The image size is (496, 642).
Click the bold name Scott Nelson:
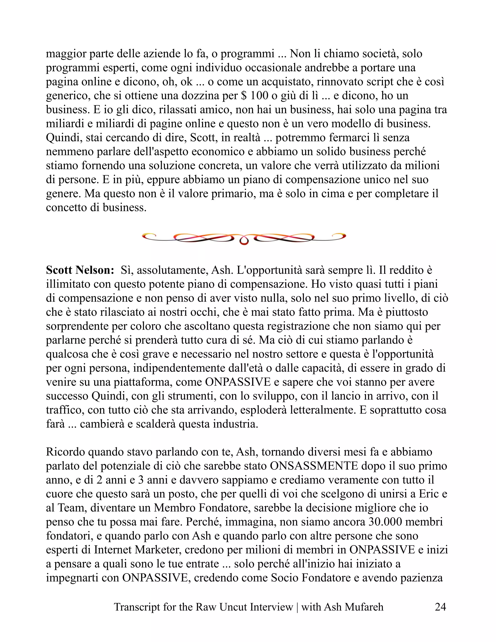pyautogui.click(x=80, y=270)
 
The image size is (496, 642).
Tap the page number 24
pyautogui.click(x=440, y=607)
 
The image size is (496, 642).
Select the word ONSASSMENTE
pyautogui.click(x=314, y=466)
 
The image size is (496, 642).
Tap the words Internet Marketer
pyautogui.click(x=138, y=550)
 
